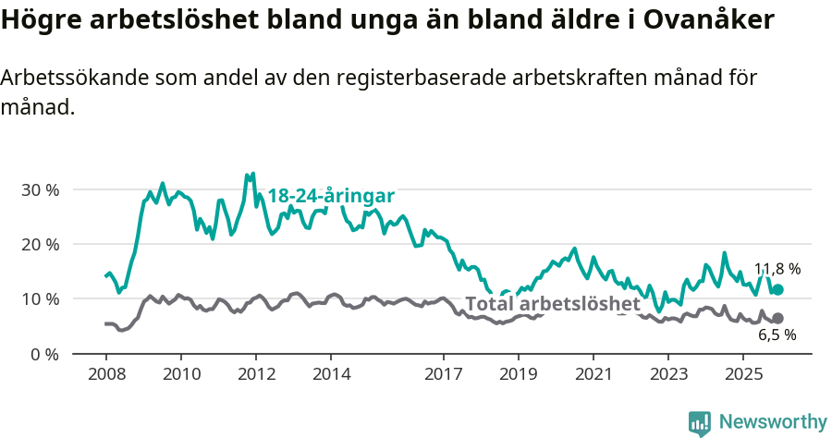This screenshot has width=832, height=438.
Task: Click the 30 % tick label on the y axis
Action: click(x=40, y=189)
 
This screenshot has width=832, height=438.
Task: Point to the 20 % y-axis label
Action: click(x=40, y=244)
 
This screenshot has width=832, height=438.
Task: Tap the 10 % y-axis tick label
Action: click(x=40, y=298)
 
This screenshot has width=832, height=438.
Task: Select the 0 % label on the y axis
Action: click(x=44, y=354)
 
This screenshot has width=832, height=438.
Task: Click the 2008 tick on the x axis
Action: click(x=105, y=374)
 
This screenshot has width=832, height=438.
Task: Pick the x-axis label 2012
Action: click(x=256, y=374)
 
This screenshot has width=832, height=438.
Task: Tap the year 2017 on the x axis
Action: click(x=444, y=374)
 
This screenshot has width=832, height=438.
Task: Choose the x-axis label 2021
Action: click(x=593, y=374)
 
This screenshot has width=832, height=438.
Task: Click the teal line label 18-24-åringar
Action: click(x=331, y=196)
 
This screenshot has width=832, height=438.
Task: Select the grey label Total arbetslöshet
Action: click(x=552, y=304)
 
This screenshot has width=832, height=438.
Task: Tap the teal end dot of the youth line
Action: click(x=777, y=289)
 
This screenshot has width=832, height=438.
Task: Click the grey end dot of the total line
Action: click(x=777, y=318)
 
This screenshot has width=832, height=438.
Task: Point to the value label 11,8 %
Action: click(x=777, y=269)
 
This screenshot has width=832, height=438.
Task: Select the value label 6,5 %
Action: click(x=777, y=335)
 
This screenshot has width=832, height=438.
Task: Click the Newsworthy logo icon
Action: click(x=700, y=422)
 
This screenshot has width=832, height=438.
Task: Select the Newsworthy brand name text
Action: click(x=773, y=422)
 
